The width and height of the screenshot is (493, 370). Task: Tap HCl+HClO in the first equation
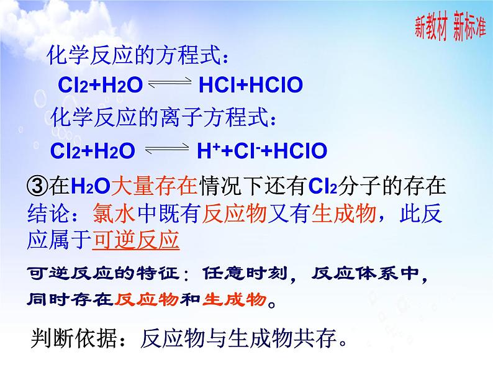250,85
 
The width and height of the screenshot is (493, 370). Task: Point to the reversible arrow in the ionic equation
166,150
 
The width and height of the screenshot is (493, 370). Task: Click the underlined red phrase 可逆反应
135,239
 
